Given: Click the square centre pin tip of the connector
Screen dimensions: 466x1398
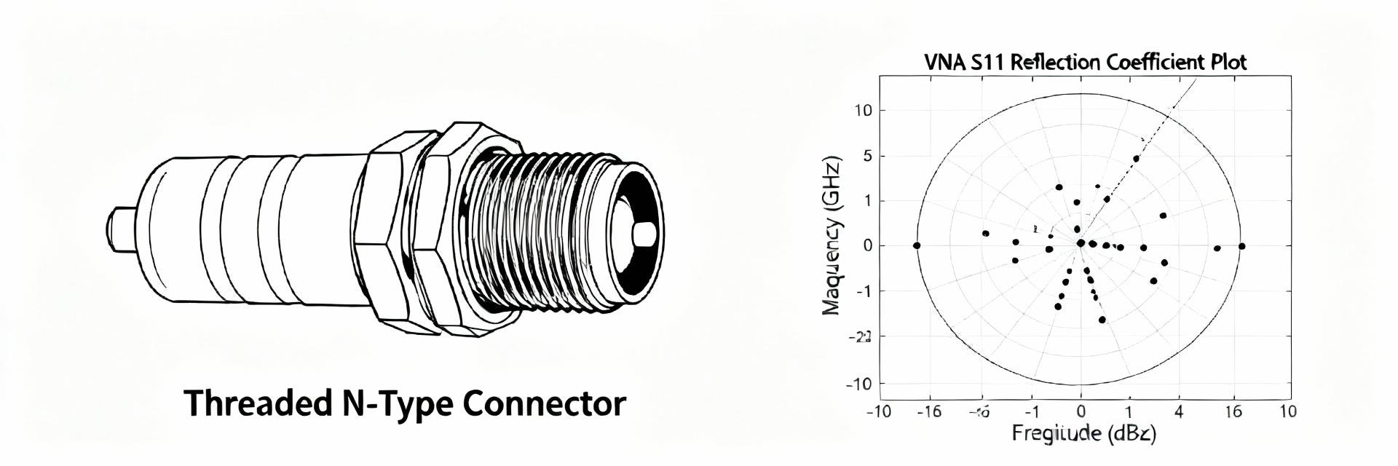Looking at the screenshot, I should (644, 234).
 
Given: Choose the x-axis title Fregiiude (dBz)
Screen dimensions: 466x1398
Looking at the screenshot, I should (1083, 434).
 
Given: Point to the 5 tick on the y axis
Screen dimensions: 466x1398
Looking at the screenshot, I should (866, 156).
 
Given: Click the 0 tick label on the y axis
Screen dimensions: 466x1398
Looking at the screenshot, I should (866, 246).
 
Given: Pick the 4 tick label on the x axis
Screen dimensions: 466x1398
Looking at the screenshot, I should (1179, 412).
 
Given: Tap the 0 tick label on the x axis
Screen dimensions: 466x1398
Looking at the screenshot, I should (1081, 412).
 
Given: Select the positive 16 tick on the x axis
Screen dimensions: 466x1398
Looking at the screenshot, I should (1233, 412).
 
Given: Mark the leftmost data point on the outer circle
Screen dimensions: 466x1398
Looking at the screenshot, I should (917, 245).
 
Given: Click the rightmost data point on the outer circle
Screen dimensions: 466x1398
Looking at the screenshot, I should (1241, 246).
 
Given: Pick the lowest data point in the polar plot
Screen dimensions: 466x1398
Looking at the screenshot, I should (1102, 320).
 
